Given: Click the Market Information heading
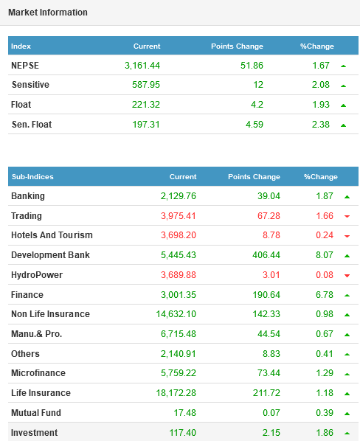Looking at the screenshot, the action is point(48,13).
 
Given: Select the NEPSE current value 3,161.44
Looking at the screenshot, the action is point(142,66).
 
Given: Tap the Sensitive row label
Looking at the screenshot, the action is point(30,85).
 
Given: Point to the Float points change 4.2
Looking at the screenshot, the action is point(257,105).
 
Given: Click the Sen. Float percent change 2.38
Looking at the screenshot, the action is point(321,125).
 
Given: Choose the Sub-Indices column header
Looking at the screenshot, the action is point(32,177).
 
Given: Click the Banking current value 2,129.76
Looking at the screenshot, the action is point(179,196).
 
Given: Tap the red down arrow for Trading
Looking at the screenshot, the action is point(347,216).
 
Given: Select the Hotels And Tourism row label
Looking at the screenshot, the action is point(52,235).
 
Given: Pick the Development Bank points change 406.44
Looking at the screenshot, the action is point(266,255).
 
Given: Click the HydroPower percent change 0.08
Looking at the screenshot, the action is point(325,275).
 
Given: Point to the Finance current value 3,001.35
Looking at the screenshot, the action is point(179,295).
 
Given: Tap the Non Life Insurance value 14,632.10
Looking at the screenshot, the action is point(176,314).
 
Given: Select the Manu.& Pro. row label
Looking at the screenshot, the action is point(37,334).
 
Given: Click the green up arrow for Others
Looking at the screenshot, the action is point(347,355).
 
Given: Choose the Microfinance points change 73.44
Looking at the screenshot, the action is point(269,373).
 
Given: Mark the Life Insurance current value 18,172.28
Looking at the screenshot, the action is point(176,393).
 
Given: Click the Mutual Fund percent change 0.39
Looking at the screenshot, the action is point(325,412).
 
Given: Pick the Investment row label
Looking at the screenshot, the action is point(35,433).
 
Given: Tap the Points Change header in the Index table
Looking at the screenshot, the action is point(237,46).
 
